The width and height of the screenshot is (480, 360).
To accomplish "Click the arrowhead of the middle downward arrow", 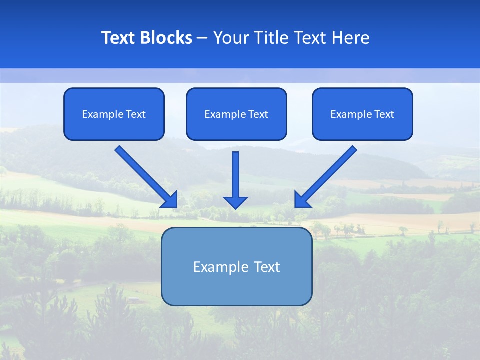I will [235, 202].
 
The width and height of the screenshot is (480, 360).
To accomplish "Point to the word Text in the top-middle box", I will [258, 114].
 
